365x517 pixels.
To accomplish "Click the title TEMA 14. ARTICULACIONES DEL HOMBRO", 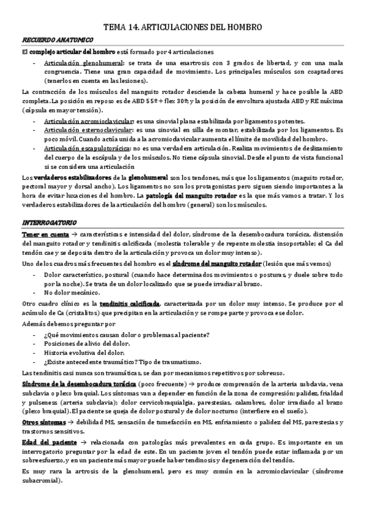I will point(183,27).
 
